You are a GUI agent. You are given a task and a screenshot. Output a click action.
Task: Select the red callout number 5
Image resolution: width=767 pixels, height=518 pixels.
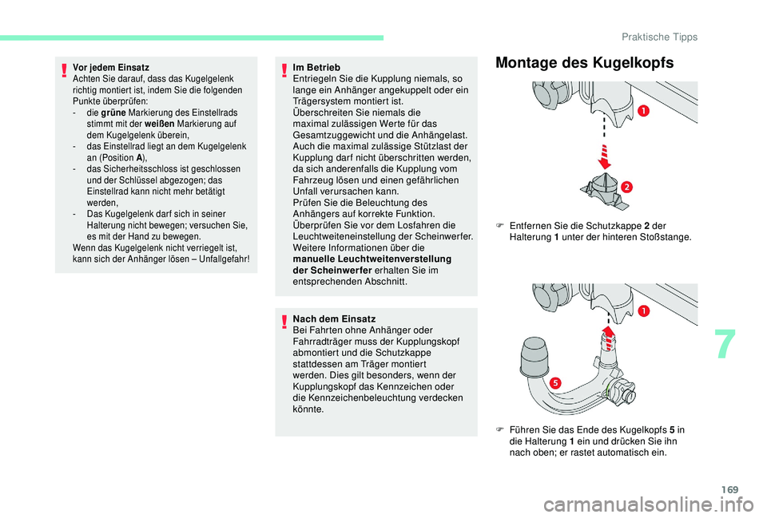point(552,383)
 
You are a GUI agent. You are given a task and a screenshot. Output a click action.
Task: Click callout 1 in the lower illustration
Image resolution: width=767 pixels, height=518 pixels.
point(642,310)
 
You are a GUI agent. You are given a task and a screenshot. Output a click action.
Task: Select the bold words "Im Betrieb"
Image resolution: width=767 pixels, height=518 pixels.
point(317,68)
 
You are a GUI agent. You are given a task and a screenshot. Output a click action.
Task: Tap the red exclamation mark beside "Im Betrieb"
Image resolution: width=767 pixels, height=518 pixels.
point(285,71)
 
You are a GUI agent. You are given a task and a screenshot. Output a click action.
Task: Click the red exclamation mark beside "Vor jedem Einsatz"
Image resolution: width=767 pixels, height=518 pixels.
point(64,71)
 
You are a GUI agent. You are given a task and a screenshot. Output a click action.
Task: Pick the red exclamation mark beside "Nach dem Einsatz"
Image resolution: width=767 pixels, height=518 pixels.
point(285,322)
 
